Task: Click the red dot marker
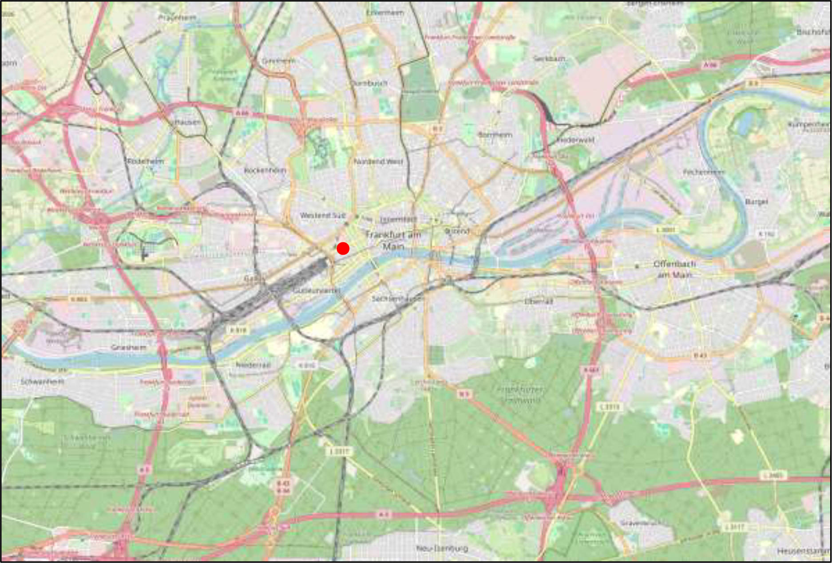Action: coord(343,248)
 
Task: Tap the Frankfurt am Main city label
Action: coord(393,240)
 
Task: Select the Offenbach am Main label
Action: coord(674,269)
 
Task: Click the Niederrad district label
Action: coord(253,365)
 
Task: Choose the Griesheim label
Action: coord(128,347)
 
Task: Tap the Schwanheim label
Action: coord(42,382)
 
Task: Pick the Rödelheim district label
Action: coord(145,161)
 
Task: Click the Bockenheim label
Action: coord(265,170)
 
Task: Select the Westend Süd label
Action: coord(322,216)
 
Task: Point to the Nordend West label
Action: coord(378,161)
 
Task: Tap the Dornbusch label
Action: coord(369,83)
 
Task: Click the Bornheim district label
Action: coord(495,134)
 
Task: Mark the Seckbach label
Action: coord(549,59)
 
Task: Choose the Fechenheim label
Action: coord(704,172)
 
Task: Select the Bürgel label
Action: coord(756,202)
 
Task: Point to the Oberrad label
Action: coord(539,301)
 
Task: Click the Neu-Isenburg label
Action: coord(442,548)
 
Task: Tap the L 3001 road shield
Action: coord(666,230)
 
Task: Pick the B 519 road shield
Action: coord(238,331)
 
